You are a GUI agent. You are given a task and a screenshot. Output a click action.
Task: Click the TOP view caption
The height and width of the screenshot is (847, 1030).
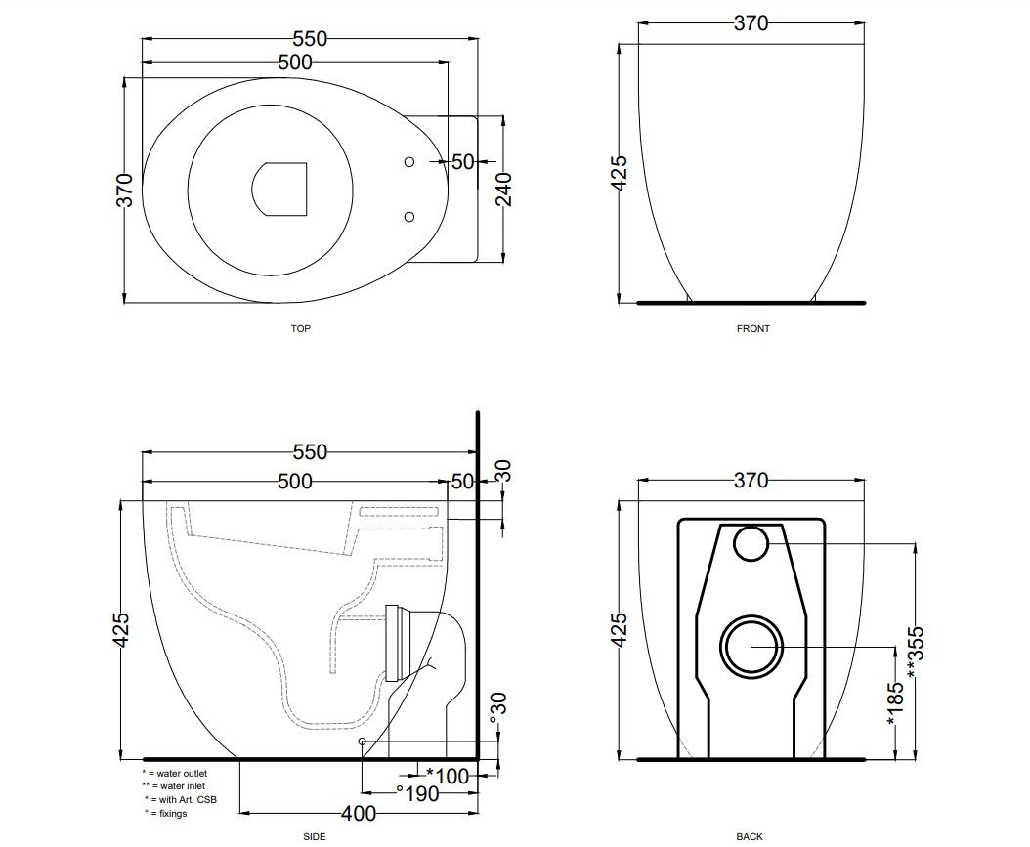[x=301, y=328]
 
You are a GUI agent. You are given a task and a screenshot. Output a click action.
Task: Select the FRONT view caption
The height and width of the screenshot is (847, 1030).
[x=752, y=328]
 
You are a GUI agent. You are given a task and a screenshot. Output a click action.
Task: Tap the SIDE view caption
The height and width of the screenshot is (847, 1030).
[x=315, y=836]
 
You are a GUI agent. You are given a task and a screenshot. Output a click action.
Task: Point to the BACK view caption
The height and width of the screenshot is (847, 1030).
[x=750, y=836]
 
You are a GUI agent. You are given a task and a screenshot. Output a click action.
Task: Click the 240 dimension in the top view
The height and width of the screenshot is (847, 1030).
[x=504, y=190]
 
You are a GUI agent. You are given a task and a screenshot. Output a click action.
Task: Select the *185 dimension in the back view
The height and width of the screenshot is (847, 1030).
[x=895, y=703]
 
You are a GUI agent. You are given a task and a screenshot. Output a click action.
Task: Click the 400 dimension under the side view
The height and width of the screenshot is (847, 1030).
[x=359, y=814]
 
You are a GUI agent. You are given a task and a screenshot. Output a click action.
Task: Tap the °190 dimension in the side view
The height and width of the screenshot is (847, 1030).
[x=418, y=794]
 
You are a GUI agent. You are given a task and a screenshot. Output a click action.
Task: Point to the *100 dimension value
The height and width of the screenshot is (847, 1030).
[x=448, y=776]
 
